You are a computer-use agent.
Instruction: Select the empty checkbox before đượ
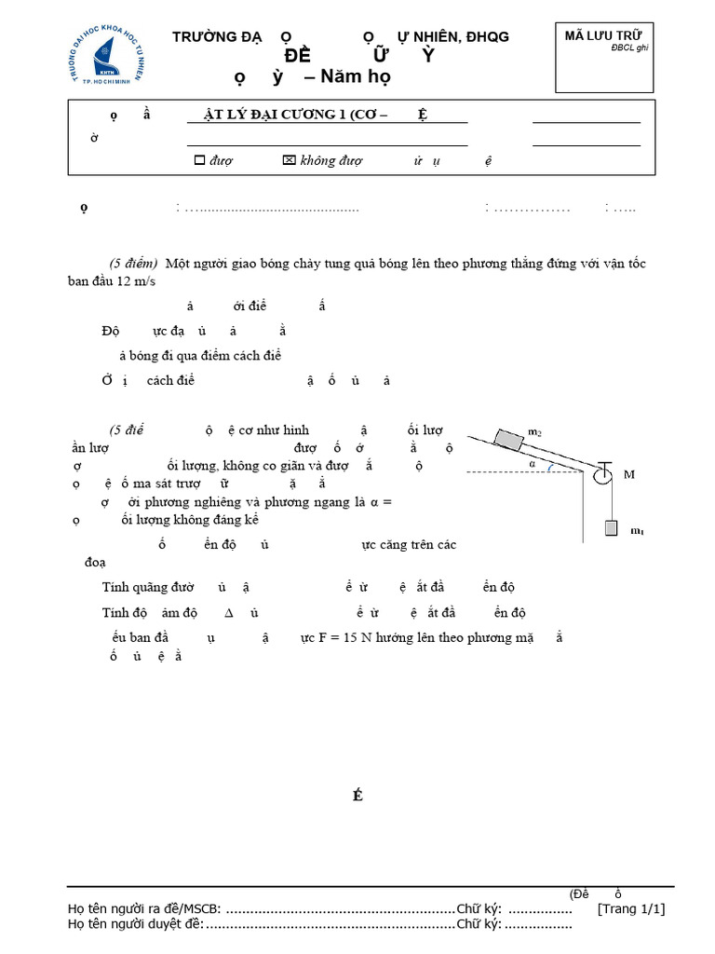pyautogui.click(x=198, y=160)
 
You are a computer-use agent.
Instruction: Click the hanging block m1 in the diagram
pyautogui.click(x=611, y=527)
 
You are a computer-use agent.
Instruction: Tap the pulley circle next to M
pyautogui.click(x=600, y=474)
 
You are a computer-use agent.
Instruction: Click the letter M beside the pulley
pyautogui.click(x=628, y=474)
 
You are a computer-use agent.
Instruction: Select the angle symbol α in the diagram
pyautogui.click(x=533, y=461)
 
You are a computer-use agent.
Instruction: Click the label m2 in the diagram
pyautogui.click(x=534, y=431)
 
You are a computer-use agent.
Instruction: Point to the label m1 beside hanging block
pyautogui.click(x=637, y=531)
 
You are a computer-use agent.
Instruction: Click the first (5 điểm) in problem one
pyautogui.click(x=135, y=264)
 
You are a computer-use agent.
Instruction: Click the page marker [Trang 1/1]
pyautogui.click(x=631, y=909)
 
